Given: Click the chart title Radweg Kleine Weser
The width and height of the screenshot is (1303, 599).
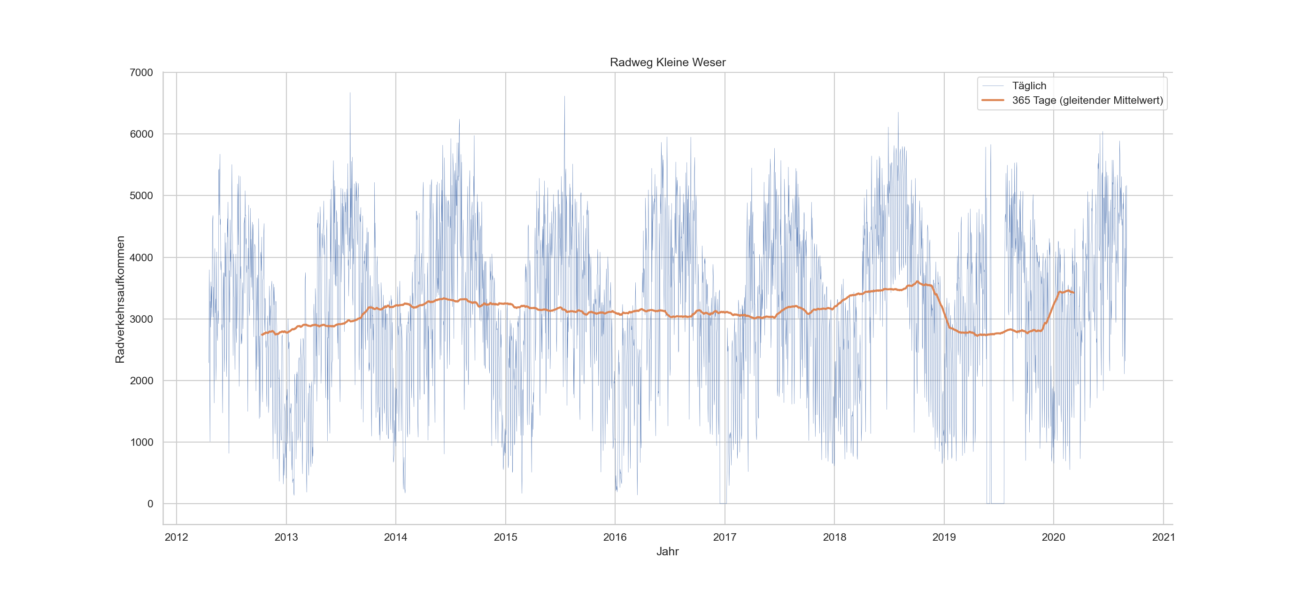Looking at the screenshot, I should (x=667, y=62).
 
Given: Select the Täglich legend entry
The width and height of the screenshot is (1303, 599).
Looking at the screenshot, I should (x=1029, y=86).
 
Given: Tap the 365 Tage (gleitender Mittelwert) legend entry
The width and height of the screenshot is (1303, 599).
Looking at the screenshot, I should (x=1087, y=100).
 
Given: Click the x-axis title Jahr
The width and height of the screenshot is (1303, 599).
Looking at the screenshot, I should (x=667, y=552).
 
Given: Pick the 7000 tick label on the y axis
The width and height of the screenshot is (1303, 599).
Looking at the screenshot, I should (x=141, y=72).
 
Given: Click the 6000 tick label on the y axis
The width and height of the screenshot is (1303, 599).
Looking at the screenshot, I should (x=141, y=134).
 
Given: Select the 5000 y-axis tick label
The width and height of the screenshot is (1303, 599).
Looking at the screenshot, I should (x=141, y=196).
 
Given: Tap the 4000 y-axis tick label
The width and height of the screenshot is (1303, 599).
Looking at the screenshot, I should (x=141, y=257).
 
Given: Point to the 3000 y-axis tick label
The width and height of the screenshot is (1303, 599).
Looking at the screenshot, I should (x=141, y=319).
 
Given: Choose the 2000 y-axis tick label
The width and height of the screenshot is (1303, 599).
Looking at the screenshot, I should (x=141, y=381).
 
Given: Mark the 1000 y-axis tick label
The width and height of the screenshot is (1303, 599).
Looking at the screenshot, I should (x=141, y=442).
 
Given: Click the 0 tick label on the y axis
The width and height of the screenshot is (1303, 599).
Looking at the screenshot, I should (x=150, y=504).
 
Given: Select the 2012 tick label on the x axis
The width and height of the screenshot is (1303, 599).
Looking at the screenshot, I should (x=177, y=537).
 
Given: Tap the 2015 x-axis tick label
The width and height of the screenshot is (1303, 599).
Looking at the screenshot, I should (x=505, y=537).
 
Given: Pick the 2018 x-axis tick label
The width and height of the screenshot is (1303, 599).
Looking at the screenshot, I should (x=834, y=537).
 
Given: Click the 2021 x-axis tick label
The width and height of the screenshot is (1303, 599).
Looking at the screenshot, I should (x=1164, y=537).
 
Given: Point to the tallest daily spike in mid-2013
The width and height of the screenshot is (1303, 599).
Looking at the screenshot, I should (x=350, y=93).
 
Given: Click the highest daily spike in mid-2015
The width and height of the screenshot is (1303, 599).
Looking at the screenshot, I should (x=564, y=97).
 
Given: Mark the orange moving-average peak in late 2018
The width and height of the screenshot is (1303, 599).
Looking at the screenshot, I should (x=917, y=282).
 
